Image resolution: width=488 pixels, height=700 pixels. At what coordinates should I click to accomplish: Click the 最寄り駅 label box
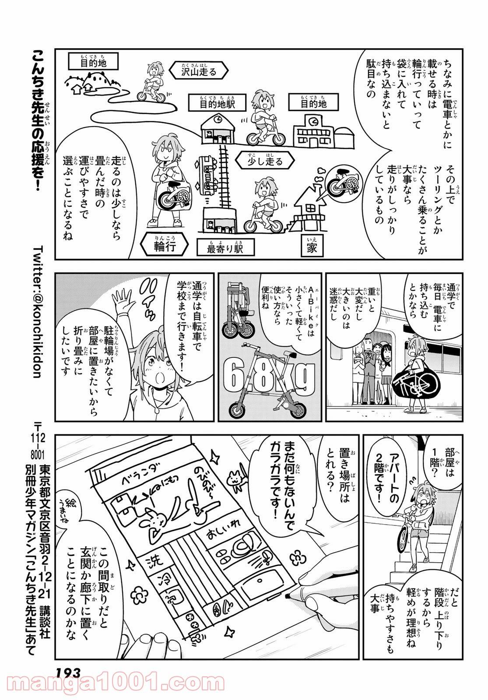[x=225, y=248]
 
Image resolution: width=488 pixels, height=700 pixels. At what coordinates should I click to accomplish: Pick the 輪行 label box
[x=165, y=247]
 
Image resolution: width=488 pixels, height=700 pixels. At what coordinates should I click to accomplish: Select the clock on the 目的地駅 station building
[x=218, y=118]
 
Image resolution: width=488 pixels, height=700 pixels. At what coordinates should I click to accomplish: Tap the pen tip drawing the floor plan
[x=288, y=595]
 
